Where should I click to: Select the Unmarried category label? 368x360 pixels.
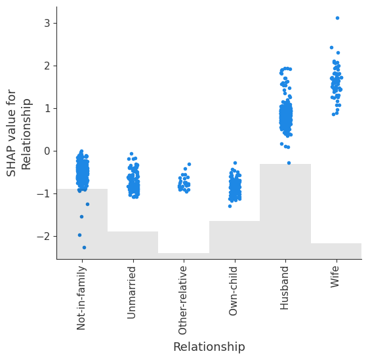click(132, 292)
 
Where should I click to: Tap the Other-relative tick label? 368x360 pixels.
click(183, 300)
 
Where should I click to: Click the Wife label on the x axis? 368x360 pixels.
click(335, 277)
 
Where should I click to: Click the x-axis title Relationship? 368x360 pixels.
click(209, 347)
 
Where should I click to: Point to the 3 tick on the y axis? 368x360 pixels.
click(47, 24)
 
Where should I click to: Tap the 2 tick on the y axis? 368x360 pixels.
click(47, 66)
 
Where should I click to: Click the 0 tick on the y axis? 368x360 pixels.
click(47, 151)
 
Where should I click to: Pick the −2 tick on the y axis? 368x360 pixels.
click(44, 236)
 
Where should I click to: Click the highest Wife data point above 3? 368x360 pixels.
click(337, 18)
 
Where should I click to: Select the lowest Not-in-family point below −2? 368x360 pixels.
click(84, 247)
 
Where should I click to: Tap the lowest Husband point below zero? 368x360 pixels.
click(289, 163)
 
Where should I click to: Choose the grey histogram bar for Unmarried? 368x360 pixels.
click(133, 245)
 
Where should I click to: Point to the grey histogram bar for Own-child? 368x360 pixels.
click(234, 240)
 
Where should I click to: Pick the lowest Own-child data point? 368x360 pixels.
click(230, 206)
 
